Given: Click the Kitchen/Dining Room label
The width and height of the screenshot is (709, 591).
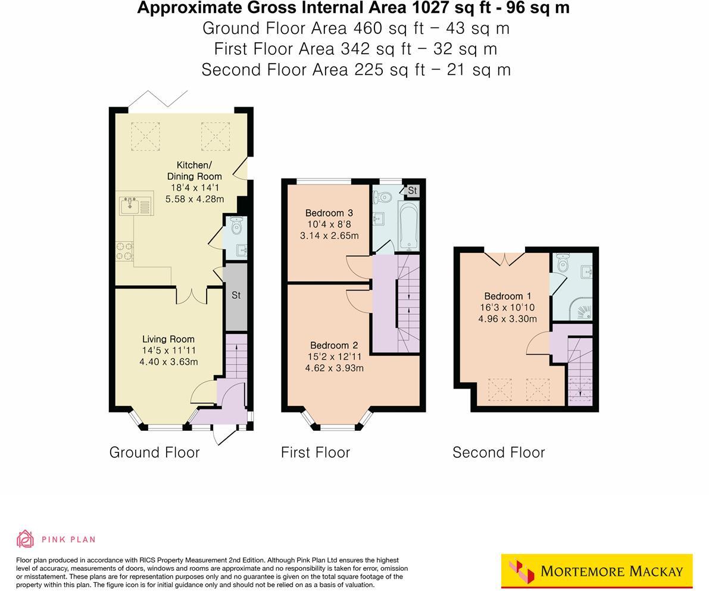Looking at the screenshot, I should point(194,170).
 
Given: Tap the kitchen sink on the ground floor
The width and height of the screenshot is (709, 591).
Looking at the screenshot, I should point(136,206).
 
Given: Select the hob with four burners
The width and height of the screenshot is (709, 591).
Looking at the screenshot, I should point(124,251).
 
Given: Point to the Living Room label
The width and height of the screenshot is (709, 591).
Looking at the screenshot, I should point(168,339).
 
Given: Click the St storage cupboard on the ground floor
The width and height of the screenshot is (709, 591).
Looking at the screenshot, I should point(236,296).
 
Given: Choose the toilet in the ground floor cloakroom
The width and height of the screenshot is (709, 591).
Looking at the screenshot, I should point(236,226).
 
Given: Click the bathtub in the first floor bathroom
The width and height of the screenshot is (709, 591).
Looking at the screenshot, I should point(408,227).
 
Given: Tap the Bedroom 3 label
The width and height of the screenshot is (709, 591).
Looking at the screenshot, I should point(329,213).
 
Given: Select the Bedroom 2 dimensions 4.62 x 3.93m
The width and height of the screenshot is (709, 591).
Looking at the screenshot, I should point(334,368).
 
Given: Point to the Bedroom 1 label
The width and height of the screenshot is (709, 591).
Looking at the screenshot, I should point(507,296).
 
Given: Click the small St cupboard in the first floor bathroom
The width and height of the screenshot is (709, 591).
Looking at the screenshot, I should point(412,190).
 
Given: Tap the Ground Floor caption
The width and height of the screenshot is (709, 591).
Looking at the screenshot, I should point(154,452).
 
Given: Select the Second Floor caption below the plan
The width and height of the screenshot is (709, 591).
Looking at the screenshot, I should point(498,452).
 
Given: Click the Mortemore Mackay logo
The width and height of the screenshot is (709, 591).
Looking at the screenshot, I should point(596,571).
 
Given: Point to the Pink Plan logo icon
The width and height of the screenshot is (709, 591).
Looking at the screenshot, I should point(25,539).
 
